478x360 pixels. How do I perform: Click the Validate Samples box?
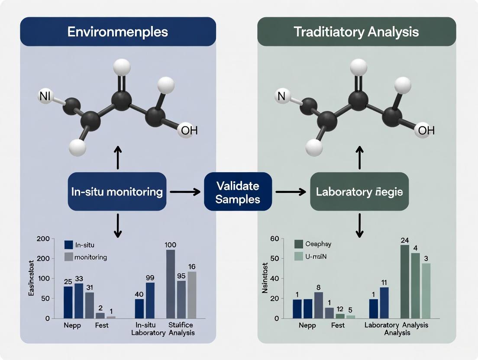click(x=238, y=192)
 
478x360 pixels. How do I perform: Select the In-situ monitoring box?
click(x=117, y=192)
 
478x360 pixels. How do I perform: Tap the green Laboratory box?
click(x=359, y=192)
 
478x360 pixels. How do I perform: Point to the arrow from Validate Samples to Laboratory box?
click(x=291, y=192)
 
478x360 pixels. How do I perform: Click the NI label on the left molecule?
click(x=44, y=96)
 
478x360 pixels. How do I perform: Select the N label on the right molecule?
click(x=281, y=96)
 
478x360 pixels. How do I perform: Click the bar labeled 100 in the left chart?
click(x=171, y=284)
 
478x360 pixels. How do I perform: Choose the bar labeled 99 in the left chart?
click(x=150, y=300)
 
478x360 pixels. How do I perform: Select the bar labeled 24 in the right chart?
click(x=405, y=282)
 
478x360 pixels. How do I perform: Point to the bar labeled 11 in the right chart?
click(x=384, y=303)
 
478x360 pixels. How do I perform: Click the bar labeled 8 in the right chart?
click(x=319, y=305)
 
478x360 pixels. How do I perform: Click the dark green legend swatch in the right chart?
click(x=299, y=244)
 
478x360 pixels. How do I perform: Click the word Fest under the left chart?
click(x=102, y=325)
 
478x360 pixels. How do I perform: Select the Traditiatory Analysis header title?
click(x=356, y=32)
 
